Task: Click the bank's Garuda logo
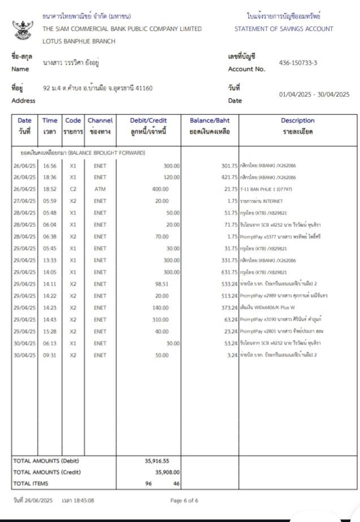point(23,29)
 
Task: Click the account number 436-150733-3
point(298,63)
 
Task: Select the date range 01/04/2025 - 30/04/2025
point(314,94)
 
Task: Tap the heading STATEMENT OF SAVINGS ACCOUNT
point(284,29)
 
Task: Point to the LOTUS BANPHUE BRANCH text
point(79,41)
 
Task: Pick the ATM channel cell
point(100,189)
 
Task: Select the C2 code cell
point(73,189)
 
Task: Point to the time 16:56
point(50,166)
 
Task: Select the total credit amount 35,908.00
point(167,472)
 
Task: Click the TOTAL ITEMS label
point(31,483)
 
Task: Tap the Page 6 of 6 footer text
point(184,501)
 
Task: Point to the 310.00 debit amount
point(162,319)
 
